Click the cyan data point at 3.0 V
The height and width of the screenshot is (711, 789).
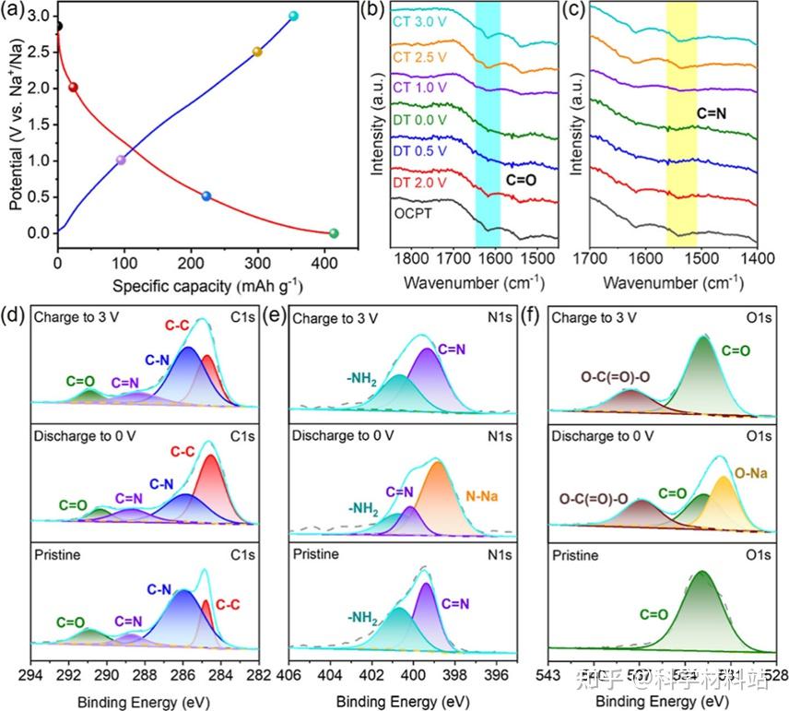(293, 17)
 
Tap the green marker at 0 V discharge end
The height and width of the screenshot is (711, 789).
(334, 233)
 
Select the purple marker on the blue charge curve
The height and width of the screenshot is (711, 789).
(121, 160)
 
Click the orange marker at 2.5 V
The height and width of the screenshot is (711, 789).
(257, 52)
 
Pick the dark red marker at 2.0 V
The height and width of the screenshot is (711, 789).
(74, 88)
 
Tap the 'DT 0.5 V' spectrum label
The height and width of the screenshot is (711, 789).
(416, 149)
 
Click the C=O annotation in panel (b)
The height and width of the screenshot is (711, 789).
(524, 181)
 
